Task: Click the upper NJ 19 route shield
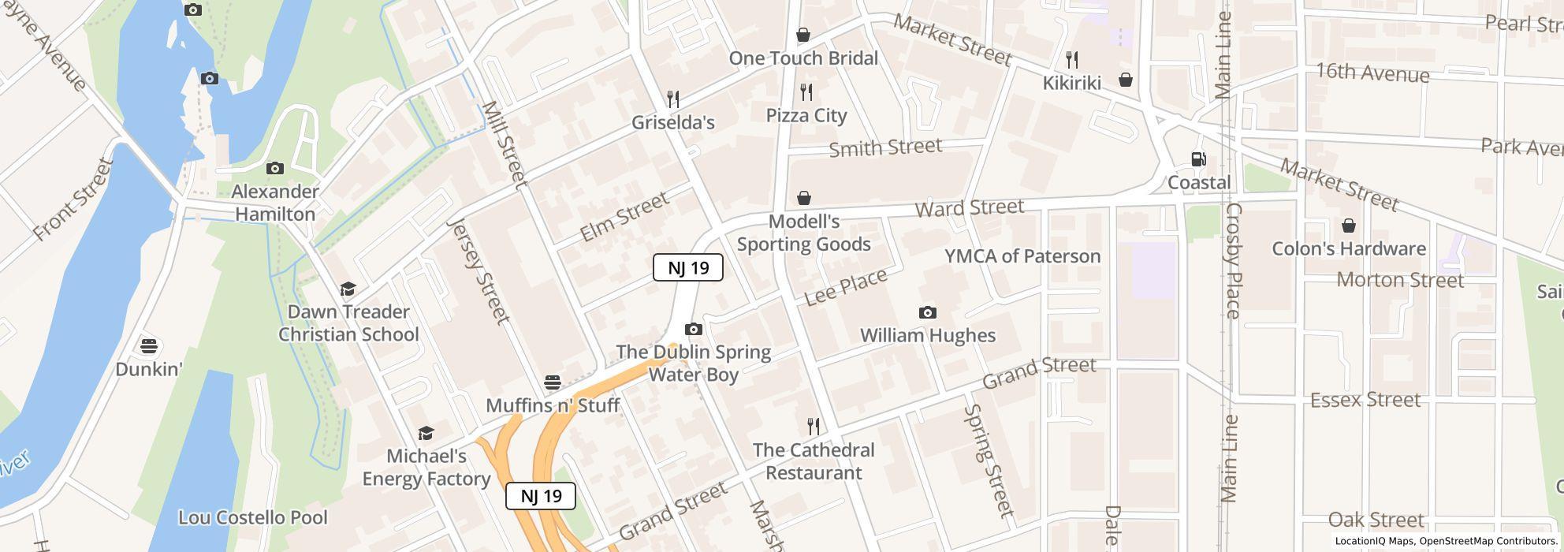687,267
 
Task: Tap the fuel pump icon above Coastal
1198,159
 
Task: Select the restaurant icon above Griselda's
672,99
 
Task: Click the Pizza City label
806,115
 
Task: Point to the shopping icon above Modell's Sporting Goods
803,198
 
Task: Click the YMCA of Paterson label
1022,256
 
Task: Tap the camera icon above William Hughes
928,313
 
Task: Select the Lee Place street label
845,287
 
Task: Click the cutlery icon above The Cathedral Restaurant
814,427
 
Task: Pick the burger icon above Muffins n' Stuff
553,382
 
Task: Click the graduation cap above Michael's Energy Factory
426,433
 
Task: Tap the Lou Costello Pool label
252,518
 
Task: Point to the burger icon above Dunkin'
148,345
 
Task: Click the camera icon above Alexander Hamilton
274,168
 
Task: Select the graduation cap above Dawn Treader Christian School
348,289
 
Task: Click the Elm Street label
624,218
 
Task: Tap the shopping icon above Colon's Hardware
1349,226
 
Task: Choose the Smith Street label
885,147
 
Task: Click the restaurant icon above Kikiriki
1071,59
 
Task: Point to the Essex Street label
1365,400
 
